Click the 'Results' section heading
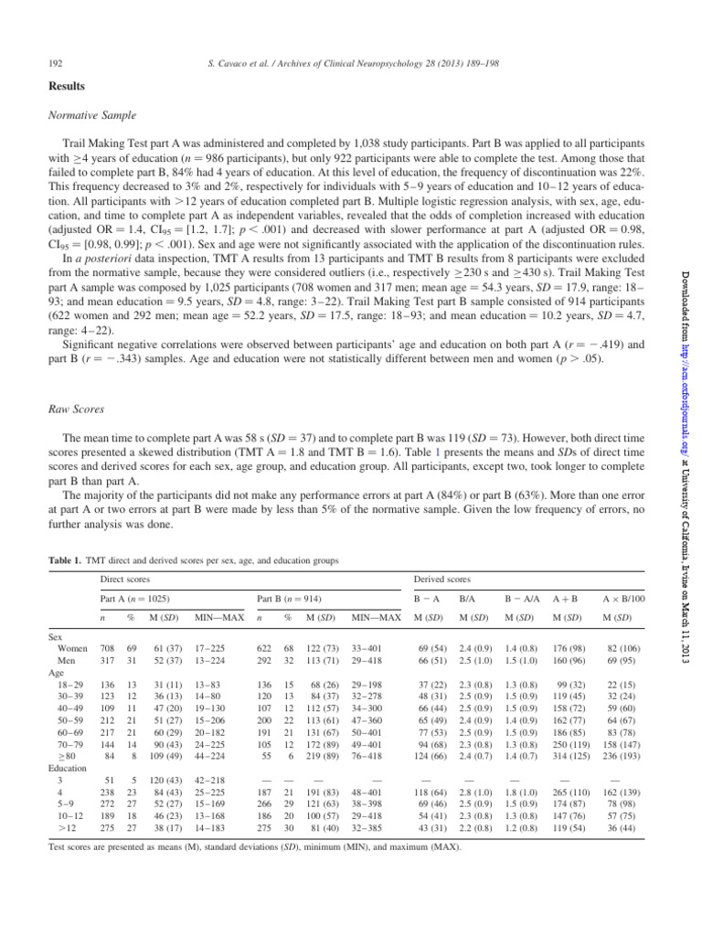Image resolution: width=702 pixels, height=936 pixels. click(67, 86)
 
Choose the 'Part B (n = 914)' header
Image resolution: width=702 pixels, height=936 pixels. click(294, 600)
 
